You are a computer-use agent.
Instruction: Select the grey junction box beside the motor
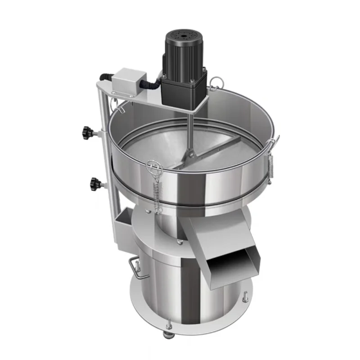[x=126, y=81]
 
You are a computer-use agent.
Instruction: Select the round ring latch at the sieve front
[x=153, y=168]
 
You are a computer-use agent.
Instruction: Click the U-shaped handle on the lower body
[x=133, y=265]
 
